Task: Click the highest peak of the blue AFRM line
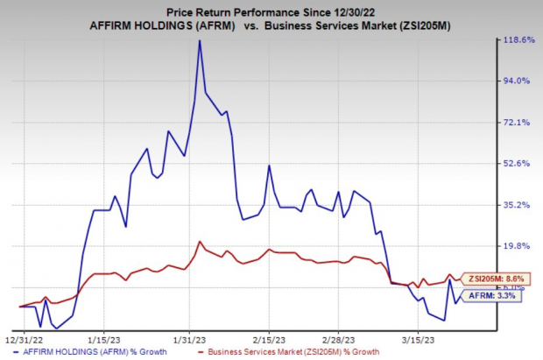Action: [x=200, y=40]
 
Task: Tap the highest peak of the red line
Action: [x=201, y=242]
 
